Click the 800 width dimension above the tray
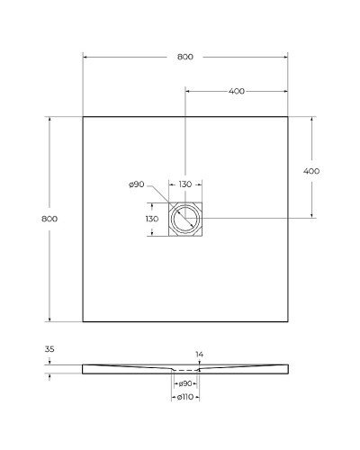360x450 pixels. click(184, 57)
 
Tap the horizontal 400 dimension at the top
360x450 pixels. click(237, 92)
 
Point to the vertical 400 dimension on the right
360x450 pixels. click(311, 171)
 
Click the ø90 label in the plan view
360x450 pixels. click(137, 184)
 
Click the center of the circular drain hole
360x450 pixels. click(185, 218)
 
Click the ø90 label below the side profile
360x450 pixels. click(184, 385)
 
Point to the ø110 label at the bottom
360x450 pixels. click(184, 397)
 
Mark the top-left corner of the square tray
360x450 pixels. click(83, 116)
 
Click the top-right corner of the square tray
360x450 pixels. click(287, 116)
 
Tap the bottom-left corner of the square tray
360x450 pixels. click(83, 321)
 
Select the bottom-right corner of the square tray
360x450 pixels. click(287, 321)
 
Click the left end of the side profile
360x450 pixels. click(84, 369)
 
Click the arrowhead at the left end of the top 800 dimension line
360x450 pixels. click(85, 57)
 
